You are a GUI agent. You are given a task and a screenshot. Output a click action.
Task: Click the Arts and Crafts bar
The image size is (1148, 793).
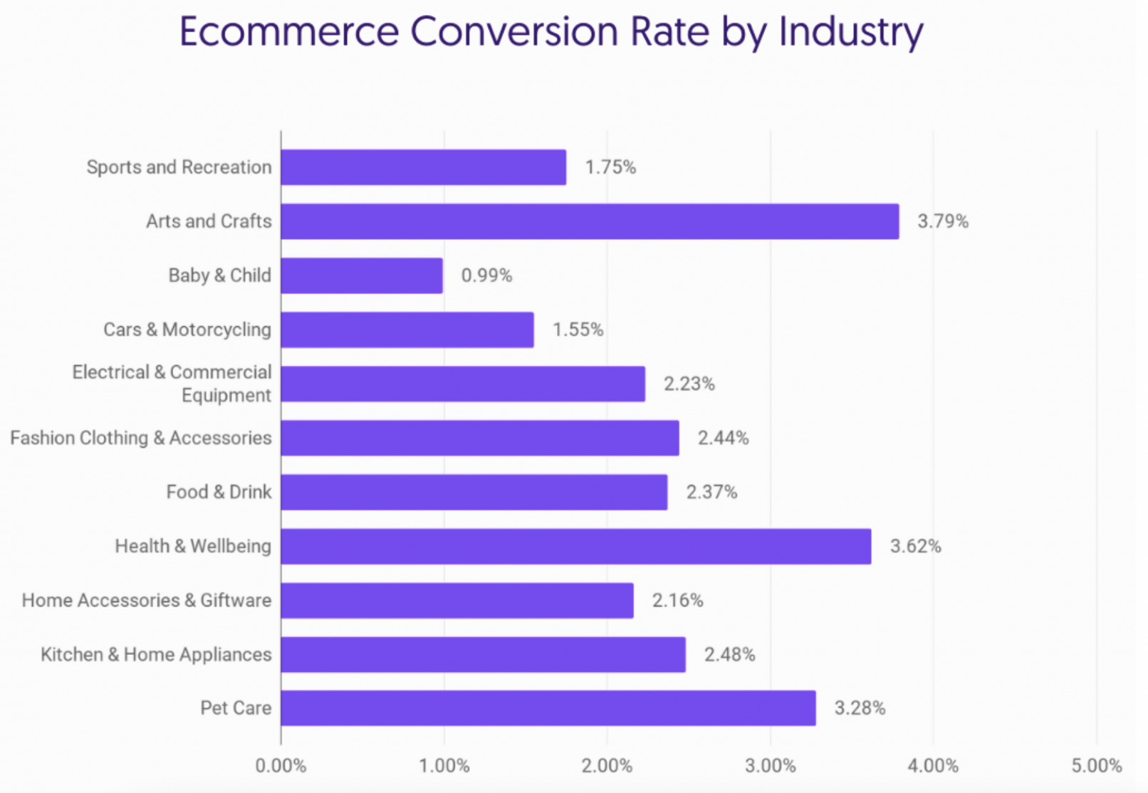click(x=590, y=221)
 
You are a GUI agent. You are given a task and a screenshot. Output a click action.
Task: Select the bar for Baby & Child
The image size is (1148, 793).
click(x=362, y=275)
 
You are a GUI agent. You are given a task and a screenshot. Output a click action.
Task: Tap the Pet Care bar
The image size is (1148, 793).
click(x=548, y=708)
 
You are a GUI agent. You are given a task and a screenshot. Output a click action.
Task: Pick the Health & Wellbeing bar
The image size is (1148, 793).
click(x=576, y=547)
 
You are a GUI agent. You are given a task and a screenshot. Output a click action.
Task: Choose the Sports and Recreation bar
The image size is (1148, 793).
click(x=424, y=167)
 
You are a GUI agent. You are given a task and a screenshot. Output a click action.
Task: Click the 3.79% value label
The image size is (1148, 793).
click(x=943, y=221)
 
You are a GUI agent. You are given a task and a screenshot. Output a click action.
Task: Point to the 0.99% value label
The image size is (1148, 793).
click(x=486, y=275)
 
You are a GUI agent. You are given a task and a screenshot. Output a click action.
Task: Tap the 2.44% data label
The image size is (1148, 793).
click(x=723, y=438)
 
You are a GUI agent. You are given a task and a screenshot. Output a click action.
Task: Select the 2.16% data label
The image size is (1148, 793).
click(x=677, y=600)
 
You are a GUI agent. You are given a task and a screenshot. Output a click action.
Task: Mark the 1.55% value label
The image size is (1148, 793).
click(x=578, y=330)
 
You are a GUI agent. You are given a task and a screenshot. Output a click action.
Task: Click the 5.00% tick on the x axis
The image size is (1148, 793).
click(x=1097, y=766)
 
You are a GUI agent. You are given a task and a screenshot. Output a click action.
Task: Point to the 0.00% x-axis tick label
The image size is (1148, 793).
click(x=281, y=766)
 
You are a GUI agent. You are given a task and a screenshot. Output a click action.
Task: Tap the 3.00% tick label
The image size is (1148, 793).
click(x=771, y=766)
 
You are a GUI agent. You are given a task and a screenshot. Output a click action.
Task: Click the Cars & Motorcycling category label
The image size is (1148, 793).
click(x=187, y=330)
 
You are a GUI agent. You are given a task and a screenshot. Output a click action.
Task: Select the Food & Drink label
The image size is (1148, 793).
click(x=219, y=492)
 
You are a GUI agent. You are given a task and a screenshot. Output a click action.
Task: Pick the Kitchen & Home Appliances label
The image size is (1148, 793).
click(x=156, y=654)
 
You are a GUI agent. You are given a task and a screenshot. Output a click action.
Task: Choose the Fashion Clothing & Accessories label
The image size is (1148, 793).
click(x=141, y=438)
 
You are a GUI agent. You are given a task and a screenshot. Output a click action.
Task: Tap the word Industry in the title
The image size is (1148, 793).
click(x=850, y=32)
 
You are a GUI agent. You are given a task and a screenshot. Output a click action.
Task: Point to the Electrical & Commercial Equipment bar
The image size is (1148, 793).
click(x=463, y=384)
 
